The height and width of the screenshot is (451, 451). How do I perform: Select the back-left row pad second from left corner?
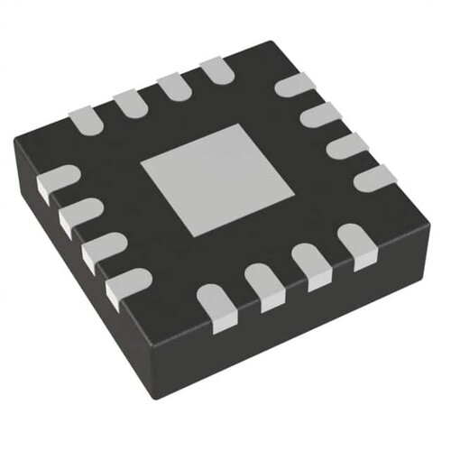pos(128,100)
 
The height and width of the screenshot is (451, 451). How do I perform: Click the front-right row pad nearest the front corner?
pos(216,302)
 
